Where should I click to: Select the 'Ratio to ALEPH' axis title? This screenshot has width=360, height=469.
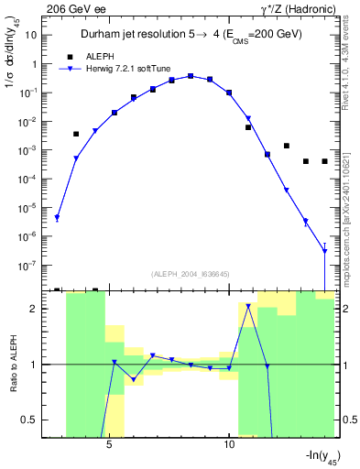pos(12,364)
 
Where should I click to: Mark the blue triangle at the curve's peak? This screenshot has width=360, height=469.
pos(191,76)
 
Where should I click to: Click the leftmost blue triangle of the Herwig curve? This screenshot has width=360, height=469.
pos(57,218)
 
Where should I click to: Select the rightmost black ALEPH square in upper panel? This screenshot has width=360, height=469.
pos(324,161)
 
